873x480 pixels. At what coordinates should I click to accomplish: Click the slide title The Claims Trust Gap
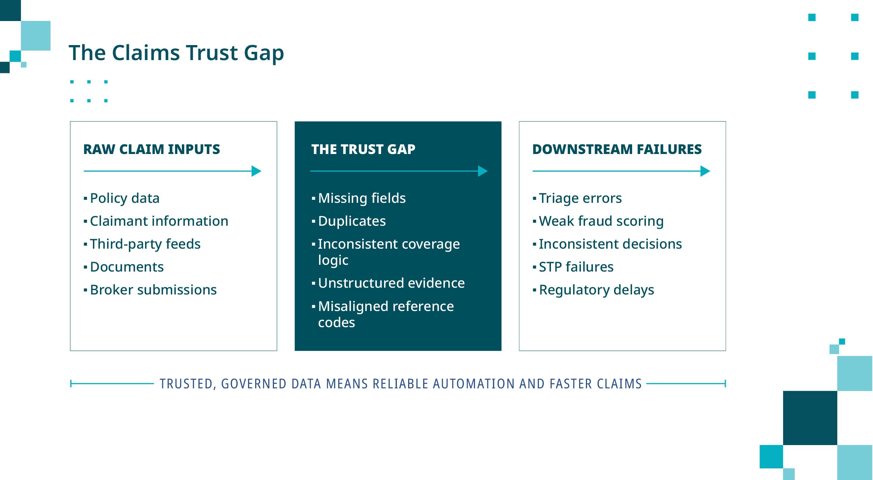(176, 53)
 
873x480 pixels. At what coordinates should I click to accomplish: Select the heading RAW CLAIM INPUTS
(151, 149)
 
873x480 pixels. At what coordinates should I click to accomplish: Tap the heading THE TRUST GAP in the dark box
(363, 149)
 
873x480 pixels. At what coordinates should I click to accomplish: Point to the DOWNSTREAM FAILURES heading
(617, 149)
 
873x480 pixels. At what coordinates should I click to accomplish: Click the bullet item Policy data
(125, 198)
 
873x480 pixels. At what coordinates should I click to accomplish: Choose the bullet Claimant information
(159, 221)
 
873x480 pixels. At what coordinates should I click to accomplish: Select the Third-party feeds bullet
(145, 244)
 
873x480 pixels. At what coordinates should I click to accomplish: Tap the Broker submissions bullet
(153, 290)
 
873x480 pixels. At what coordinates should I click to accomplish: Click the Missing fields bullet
(362, 198)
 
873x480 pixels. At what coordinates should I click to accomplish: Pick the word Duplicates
(352, 221)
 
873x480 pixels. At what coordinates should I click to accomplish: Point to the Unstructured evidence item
(391, 283)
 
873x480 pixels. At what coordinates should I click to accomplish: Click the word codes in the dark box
(336, 323)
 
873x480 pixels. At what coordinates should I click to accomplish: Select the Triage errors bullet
(580, 198)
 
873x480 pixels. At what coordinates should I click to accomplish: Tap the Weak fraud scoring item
(601, 221)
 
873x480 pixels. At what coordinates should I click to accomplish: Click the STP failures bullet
(576, 267)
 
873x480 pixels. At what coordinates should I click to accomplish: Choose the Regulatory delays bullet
(596, 290)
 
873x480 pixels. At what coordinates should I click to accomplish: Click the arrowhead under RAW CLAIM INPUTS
(256, 171)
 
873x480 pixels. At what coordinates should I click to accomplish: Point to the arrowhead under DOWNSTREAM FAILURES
(705, 171)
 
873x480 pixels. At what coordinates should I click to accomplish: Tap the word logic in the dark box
(333, 260)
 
